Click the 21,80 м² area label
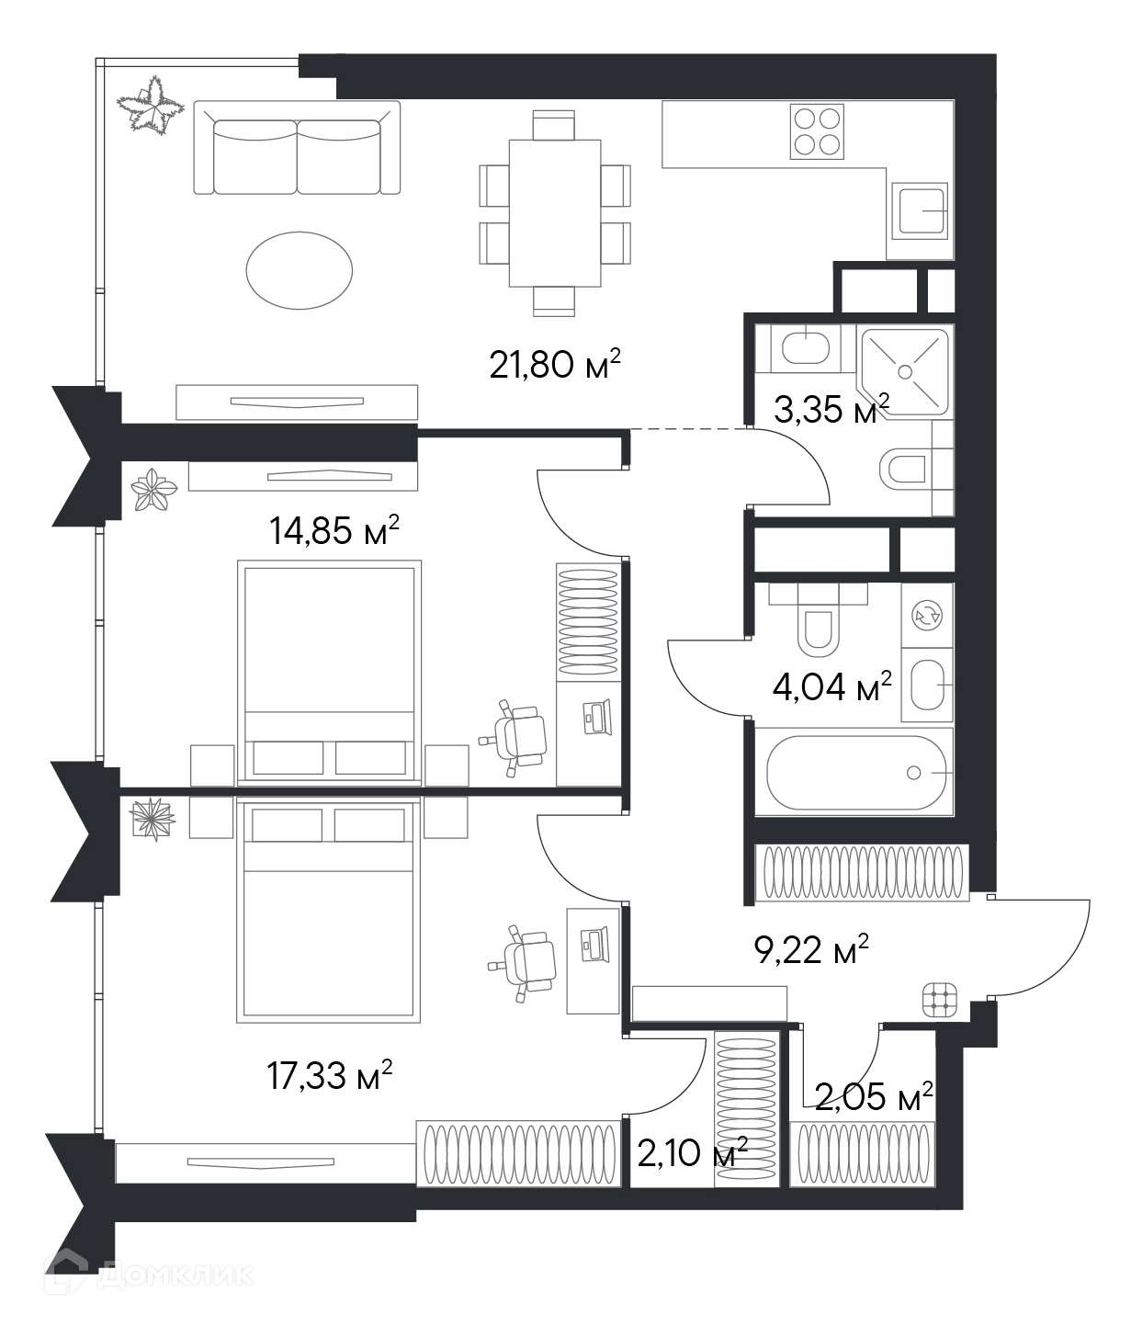point(556,365)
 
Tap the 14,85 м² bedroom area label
point(334,530)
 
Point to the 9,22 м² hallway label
point(811,950)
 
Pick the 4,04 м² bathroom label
point(832,687)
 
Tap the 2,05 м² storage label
point(874,1098)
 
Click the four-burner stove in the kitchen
point(817,131)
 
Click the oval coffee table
point(299,270)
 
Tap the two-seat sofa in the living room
point(297,148)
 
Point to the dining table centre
point(555,213)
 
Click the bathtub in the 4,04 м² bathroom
point(856,773)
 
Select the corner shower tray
point(905,372)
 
